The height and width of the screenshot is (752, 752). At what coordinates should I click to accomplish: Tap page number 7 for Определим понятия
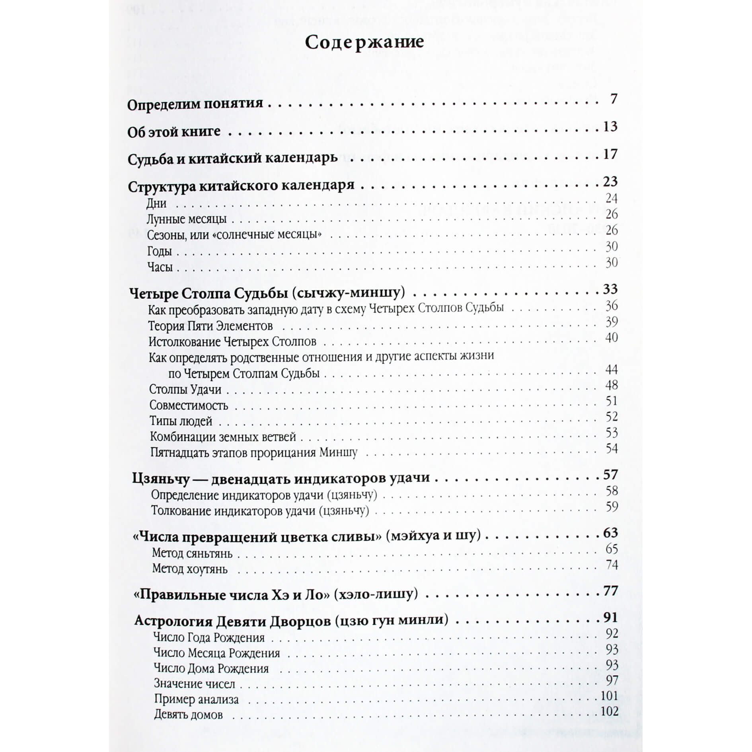tap(614, 99)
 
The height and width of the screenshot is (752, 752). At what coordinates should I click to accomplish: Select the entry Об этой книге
tap(174, 132)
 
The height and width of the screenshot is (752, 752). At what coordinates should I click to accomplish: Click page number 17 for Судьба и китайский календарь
tap(610, 154)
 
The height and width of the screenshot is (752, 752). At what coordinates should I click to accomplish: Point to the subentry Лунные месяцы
tap(186, 219)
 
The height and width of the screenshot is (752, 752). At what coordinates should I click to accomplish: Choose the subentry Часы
tap(160, 267)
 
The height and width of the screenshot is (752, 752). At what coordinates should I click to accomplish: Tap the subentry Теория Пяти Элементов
tap(210, 326)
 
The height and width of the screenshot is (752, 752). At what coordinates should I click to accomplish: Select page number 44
tap(611, 370)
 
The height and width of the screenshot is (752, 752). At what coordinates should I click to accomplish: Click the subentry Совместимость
tap(189, 405)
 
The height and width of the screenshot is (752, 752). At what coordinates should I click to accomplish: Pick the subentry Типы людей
tap(181, 421)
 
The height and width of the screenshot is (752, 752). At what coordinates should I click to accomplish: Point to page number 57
tap(610, 475)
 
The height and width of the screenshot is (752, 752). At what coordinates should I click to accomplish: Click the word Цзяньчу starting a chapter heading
tap(161, 479)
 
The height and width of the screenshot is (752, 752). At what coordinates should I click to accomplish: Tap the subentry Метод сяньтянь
tap(192, 553)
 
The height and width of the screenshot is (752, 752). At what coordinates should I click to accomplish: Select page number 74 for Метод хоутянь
tap(611, 565)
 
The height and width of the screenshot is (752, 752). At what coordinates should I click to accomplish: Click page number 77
tap(610, 591)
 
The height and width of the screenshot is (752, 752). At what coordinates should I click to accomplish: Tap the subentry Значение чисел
tap(195, 684)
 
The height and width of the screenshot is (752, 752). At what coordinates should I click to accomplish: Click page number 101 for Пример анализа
tap(609, 696)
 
